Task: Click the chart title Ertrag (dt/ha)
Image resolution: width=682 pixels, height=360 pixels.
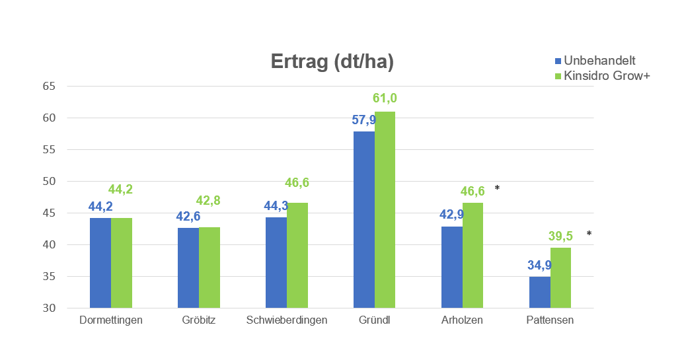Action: click(x=332, y=61)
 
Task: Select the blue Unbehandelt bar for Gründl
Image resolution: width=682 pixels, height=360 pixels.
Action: click(x=364, y=219)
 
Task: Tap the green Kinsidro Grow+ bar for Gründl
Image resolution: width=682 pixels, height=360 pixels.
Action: click(x=385, y=209)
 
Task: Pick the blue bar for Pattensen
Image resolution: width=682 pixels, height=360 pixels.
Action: click(x=540, y=292)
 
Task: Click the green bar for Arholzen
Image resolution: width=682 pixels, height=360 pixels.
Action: click(x=473, y=255)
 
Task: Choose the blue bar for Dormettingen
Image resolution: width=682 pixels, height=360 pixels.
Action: click(x=100, y=263)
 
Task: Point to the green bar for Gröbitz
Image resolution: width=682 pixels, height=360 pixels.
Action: click(x=209, y=268)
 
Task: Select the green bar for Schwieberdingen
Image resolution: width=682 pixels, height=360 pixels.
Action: click(x=297, y=255)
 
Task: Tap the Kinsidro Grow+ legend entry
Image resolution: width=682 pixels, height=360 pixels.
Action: click(x=601, y=76)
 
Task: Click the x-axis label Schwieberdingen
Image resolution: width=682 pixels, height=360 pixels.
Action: click(x=287, y=321)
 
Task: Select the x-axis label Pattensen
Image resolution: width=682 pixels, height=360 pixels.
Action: click(x=550, y=321)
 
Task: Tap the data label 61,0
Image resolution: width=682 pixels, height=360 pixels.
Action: click(x=385, y=98)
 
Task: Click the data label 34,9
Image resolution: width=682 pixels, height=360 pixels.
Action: click(x=539, y=266)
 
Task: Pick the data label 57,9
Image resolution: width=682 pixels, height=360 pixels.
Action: click(x=363, y=120)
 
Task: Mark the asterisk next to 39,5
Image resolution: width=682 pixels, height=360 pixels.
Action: click(x=589, y=234)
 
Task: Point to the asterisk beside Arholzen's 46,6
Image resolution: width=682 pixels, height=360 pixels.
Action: click(x=497, y=188)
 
